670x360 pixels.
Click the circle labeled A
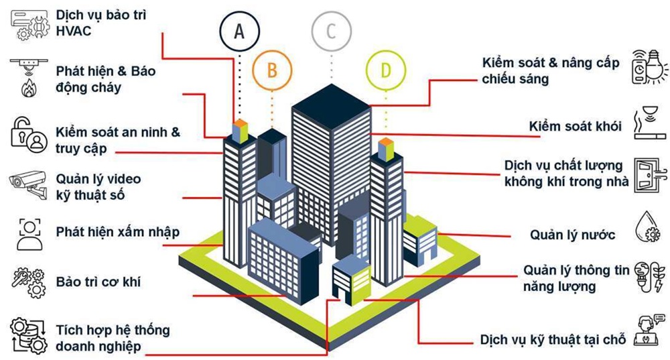tap(239, 29)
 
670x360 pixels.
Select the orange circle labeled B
tap(271, 70)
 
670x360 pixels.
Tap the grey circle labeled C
tap(330, 31)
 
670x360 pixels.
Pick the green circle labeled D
tap(385, 70)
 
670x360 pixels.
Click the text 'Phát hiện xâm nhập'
tap(118, 232)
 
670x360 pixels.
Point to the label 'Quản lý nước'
tap(572, 235)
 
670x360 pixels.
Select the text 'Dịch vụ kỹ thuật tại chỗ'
tap(553, 339)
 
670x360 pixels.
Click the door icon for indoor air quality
tap(649, 176)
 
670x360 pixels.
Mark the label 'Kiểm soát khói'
tap(575, 126)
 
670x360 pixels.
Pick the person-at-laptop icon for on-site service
tap(649, 331)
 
